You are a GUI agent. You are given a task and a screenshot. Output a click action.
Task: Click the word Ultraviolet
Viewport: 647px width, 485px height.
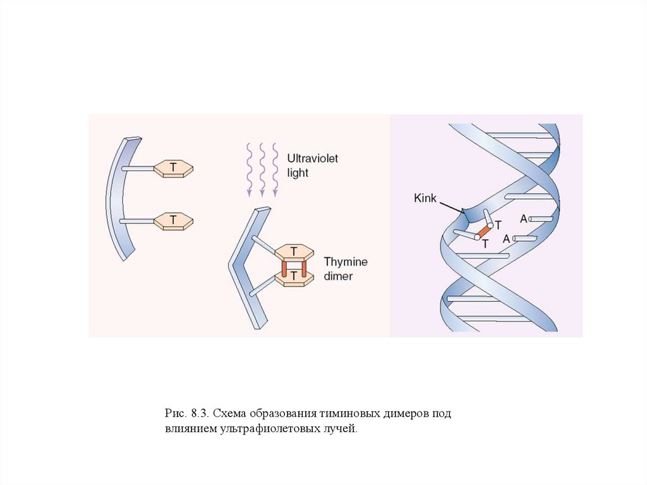coord(312,158)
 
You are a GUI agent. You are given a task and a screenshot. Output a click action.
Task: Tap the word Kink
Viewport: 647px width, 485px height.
coord(426,198)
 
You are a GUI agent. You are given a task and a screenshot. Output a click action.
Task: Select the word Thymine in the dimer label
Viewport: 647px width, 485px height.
coord(345,262)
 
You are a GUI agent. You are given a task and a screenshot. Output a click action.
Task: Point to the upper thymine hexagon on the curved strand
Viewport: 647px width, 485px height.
coord(173,168)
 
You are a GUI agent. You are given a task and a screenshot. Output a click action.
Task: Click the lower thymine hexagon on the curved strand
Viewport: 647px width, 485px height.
coord(173,220)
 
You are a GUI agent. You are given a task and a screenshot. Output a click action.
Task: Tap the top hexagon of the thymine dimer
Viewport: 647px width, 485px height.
coord(294,250)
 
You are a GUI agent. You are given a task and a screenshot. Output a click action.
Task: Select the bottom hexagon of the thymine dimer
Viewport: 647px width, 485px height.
coord(294,279)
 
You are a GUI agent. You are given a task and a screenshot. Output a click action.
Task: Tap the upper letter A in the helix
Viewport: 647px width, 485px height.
coord(523,219)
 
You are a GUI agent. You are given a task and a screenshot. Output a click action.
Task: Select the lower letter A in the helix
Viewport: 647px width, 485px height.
coord(507,239)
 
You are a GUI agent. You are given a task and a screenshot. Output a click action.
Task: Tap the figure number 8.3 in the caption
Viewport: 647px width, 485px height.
coord(197,414)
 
